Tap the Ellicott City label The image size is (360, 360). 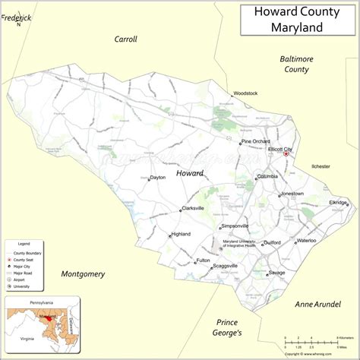click(x=279, y=150)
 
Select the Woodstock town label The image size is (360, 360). click(x=245, y=93)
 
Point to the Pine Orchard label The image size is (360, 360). click(x=257, y=141)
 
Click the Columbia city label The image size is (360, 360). click(x=267, y=176)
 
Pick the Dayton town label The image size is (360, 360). click(x=157, y=178)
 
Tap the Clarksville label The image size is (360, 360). click(x=193, y=208)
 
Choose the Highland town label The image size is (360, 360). click(x=181, y=234)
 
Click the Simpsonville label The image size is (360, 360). click(x=235, y=226)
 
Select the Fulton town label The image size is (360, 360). click(x=203, y=261)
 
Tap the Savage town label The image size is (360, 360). click(x=276, y=273)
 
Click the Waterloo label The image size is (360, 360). click(x=306, y=240)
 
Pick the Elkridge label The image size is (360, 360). click(x=338, y=203)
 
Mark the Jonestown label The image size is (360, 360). click(x=292, y=194)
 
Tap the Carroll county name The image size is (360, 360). click(x=125, y=39)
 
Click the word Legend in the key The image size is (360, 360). click(x=24, y=243)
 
